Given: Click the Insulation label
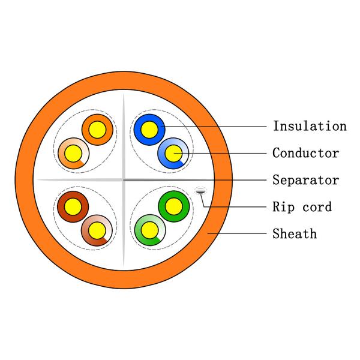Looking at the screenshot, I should point(310,126).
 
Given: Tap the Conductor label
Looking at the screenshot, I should point(305,153).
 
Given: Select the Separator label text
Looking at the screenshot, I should point(305,180).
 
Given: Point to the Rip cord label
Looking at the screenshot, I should point(302,207).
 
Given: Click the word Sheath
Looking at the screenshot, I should point(295,233).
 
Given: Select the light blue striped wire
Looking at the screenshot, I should point(182,161).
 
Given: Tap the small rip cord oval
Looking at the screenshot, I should point(200,191).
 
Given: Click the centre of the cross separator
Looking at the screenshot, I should point(123,179).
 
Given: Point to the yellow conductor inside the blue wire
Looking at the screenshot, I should point(149,127).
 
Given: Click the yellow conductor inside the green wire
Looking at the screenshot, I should point(174,207).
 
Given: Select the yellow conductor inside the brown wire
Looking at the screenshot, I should point(73,207).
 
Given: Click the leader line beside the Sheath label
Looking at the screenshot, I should point(240,233).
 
